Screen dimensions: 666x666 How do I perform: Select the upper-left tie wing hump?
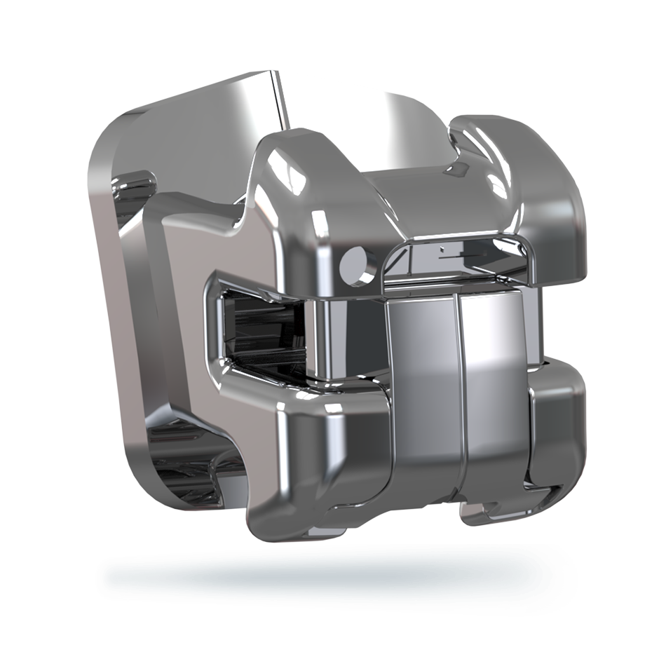coord(294,158)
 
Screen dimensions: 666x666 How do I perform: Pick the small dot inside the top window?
coord(442,248)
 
